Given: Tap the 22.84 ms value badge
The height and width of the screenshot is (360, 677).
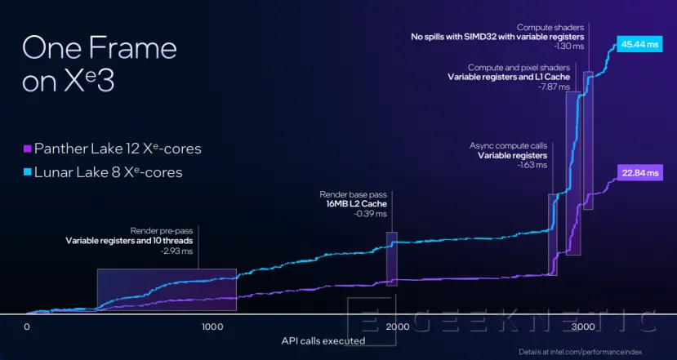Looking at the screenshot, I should pyautogui.click(x=637, y=172).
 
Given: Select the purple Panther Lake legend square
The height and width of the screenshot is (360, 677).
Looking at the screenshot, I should pyautogui.click(x=27, y=149).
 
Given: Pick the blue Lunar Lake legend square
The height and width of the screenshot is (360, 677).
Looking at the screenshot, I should pyautogui.click(x=27, y=171).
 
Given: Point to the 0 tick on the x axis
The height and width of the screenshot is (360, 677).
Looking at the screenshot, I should pyautogui.click(x=26, y=327).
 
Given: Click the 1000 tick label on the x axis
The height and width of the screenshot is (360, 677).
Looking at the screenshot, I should pyautogui.click(x=212, y=327).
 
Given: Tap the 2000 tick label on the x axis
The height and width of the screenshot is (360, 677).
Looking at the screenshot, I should pyautogui.click(x=398, y=327).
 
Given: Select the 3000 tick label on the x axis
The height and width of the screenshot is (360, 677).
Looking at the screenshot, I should pyautogui.click(x=582, y=327).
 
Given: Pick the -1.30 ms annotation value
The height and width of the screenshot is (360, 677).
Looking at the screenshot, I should pyautogui.click(x=568, y=47).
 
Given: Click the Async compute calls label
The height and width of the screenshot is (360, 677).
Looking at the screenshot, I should pyautogui.click(x=508, y=145).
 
